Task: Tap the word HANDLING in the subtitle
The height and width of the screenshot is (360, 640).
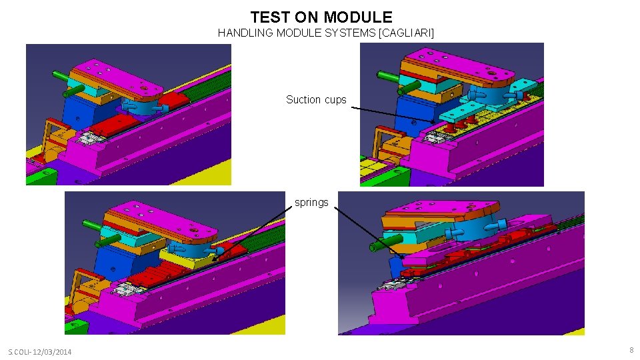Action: pos(245,33)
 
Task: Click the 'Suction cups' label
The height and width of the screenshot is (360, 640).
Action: pos(316,100)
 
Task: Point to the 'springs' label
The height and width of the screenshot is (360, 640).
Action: pos(311,203)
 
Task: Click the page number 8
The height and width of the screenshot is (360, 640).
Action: pos(630,350)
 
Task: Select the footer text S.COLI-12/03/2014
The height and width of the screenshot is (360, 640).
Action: pos(40,352)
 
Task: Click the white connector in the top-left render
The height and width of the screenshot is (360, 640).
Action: pos(90,138)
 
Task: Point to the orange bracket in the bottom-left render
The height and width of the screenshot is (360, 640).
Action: pos(77,287)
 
